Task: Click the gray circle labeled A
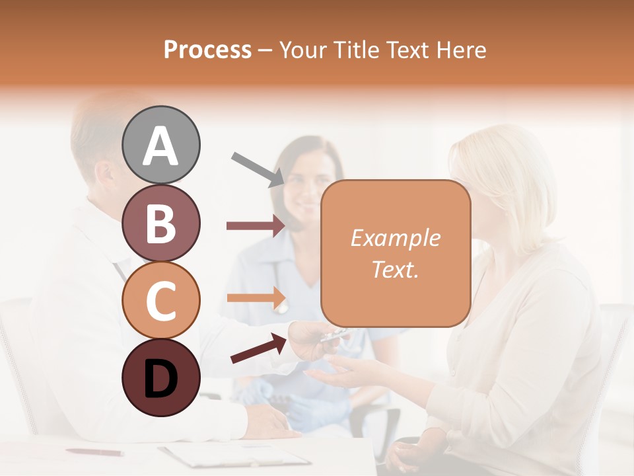pyautogui.click(x=161, y=145)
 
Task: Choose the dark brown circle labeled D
pyautogui.click(x=161, y=377)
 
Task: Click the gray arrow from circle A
pyautogui.click(x=258, y=169)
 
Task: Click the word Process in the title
pyautogui.click(x=207, y=50)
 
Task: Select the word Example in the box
pyautogui.click(x=395, y=238)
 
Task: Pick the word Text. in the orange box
pyautogui.click(x=395, y=269)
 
